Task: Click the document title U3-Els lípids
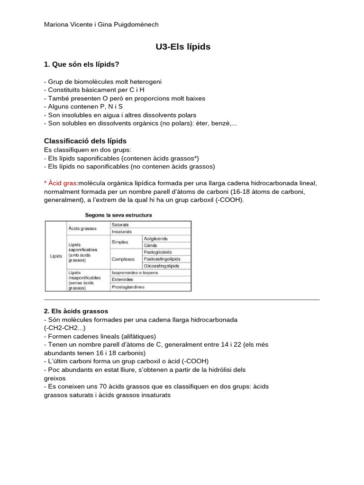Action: point(183,47)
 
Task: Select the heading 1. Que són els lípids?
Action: point(82,64)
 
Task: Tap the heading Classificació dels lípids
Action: point(85,141)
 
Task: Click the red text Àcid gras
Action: point(60,183)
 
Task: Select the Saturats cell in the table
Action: point(120,225)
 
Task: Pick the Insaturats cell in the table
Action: point(122,232)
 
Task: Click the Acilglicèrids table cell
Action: point(155,239)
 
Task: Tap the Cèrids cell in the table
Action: point(151,245)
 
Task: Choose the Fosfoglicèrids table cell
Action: point(158,252)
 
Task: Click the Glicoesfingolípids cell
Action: point(161,266)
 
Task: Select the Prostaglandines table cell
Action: point(128,287)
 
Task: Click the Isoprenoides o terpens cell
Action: point(135,273)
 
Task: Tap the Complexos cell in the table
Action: point(123,259)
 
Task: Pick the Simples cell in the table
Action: point(120,242)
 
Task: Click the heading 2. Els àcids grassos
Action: point(76,311)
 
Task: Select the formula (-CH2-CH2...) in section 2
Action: point(65,328)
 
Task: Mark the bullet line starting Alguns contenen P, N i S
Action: point(83,107)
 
